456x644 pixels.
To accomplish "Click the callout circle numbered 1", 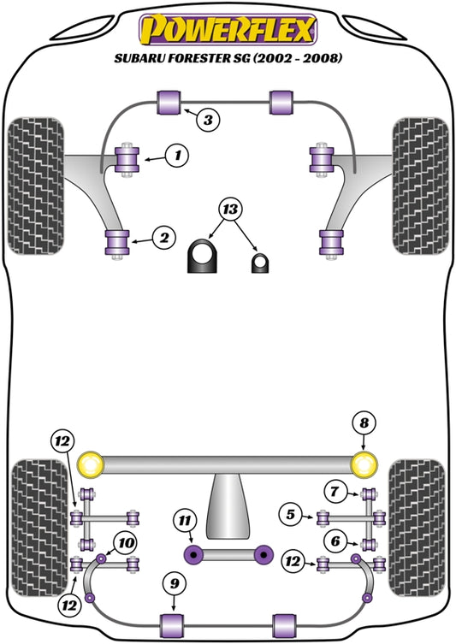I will [177, 155].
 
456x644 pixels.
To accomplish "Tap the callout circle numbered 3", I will [208, 120].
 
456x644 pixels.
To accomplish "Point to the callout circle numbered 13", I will [229, 210].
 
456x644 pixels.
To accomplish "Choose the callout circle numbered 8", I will [364, 422].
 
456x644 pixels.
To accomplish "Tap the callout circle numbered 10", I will [126, 541].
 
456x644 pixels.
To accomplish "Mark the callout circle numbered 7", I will [334, 491].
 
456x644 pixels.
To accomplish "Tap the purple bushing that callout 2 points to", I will [115, 242].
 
